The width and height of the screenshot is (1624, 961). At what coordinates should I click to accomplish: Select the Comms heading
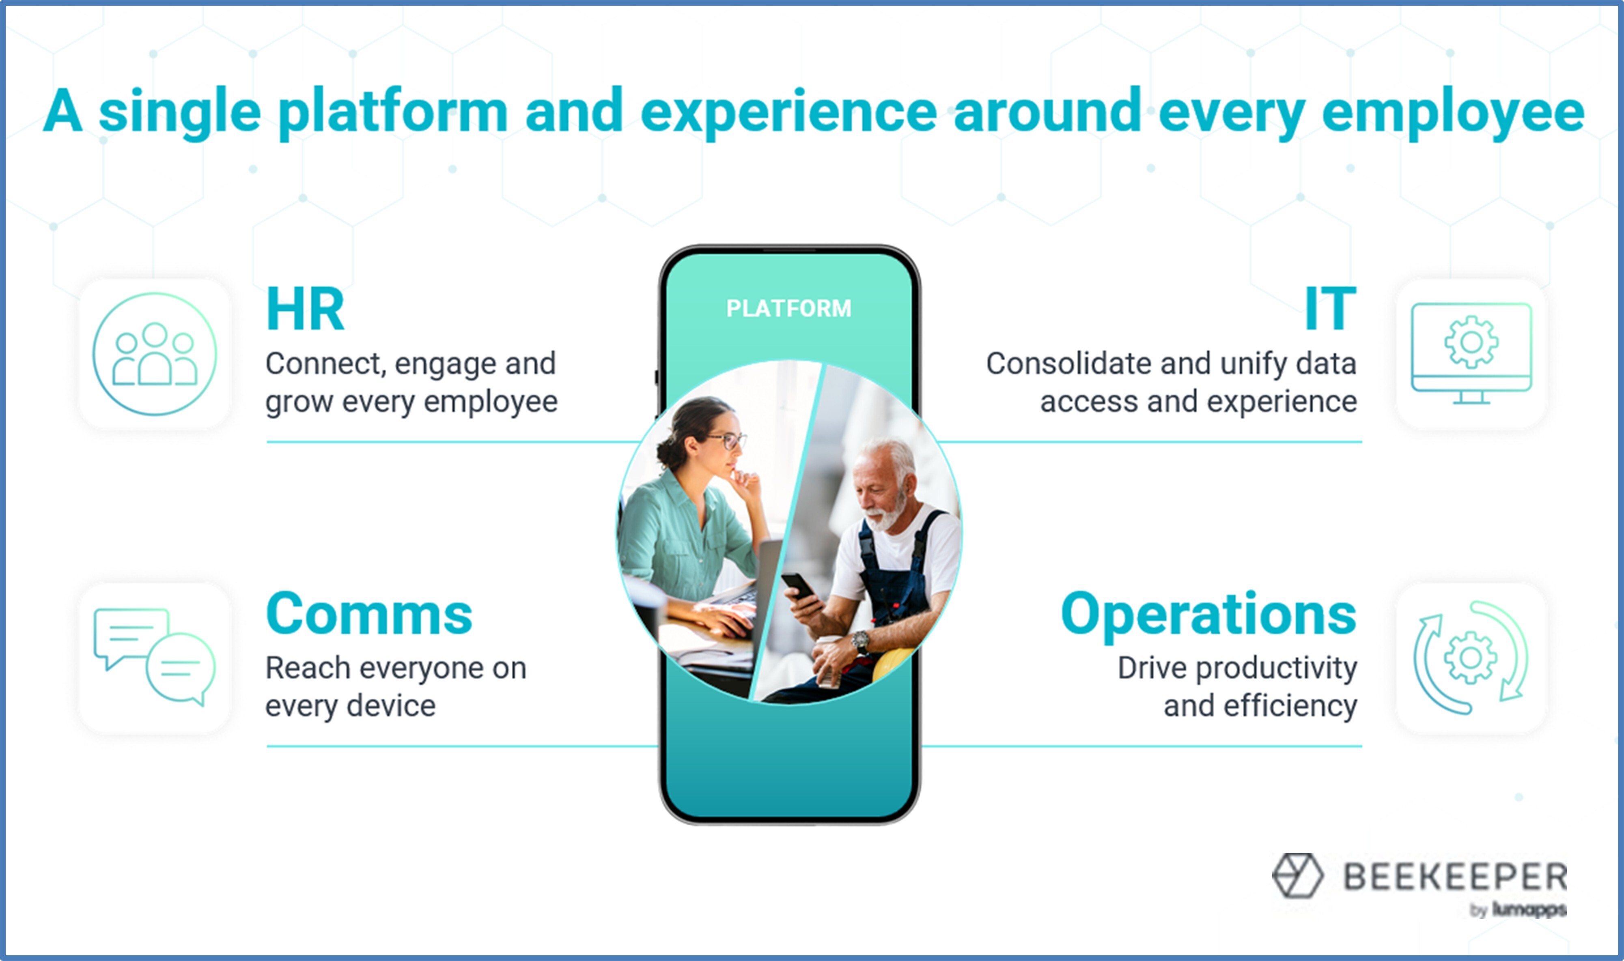369,613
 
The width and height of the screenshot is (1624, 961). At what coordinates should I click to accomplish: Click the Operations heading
1209,615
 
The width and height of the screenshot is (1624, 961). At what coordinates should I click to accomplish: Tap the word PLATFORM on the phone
788,308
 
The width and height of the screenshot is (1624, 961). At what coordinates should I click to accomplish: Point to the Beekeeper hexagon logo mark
1297,875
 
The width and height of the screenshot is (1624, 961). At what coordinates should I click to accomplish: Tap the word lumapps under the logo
1529,910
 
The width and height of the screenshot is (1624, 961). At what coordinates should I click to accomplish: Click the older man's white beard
887,512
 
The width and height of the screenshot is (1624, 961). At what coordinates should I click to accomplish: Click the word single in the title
179,113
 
